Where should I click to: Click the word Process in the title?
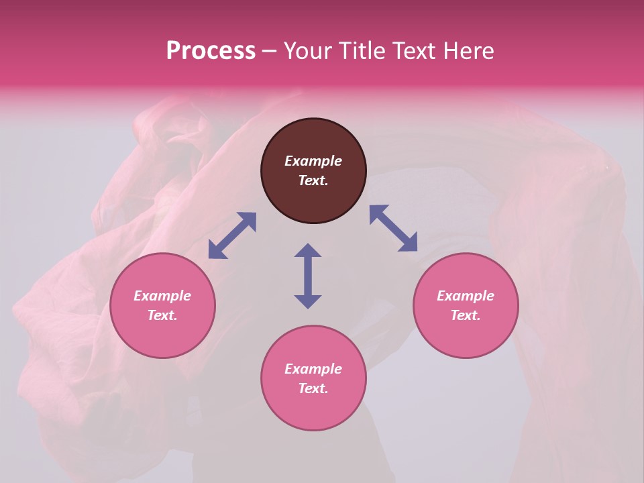click(211, 50)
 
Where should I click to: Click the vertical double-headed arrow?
click(308, 276)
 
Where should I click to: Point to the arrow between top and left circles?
click(232, 235)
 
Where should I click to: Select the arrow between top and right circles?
click(394, 228)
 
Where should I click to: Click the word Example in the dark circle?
click(313, 161)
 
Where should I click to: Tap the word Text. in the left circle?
click(162, 315)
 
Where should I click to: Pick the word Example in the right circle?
click(466, 296)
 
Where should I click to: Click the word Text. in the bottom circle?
click(313, 388)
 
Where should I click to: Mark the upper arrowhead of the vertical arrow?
click(308, 250)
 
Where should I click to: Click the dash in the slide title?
click(269, 50)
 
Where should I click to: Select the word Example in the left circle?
click(162, 296)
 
